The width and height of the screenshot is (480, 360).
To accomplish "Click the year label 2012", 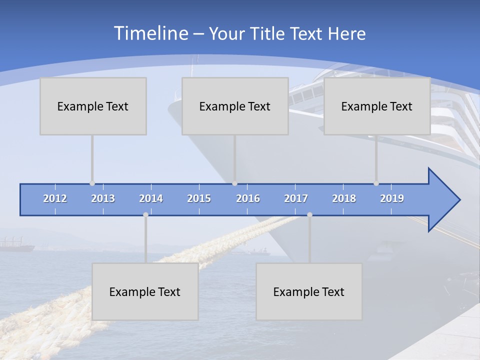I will [x=55, y=198].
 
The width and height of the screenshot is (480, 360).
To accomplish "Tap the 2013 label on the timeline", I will [x=103, y=198].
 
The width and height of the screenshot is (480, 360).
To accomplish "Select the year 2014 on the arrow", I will [x=151, y=198].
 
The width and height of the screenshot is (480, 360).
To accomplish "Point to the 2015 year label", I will [x=199, y=198].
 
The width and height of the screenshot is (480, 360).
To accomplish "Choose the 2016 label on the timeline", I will [x=248, y=198].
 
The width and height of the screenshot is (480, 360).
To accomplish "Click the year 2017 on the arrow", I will [x=296, y=198].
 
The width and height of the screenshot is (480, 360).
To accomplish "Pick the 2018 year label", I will [x=344, y=198].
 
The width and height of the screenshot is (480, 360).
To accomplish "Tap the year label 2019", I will [x=392, y=198].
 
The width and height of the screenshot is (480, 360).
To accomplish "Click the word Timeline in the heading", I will [x=150, y=33].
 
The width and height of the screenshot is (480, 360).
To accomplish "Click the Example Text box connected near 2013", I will [x=93, y=106].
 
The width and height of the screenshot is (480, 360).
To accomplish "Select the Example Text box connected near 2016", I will [x=235, y=106].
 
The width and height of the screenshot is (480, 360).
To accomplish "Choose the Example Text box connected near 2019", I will [x=377, y=106].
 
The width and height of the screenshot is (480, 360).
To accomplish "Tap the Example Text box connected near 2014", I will [x=145, y=291].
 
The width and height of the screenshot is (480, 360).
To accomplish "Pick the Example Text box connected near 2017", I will [x=309, y=291].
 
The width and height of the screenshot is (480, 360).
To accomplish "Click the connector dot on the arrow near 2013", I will [x=92, y=183].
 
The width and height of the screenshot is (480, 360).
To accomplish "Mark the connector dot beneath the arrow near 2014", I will [x=145, y=214].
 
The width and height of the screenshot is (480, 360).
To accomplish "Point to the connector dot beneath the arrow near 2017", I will [x=309, y=214].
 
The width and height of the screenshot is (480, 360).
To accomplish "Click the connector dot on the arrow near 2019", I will [x=376, y=183].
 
